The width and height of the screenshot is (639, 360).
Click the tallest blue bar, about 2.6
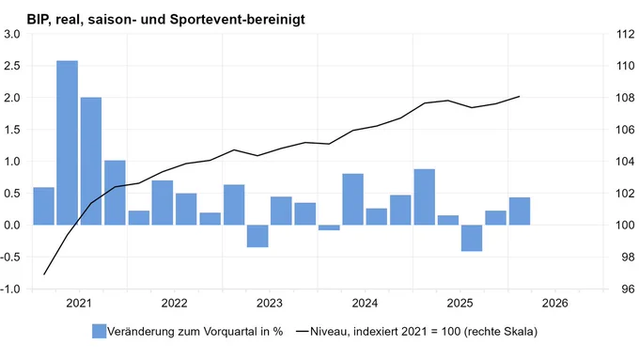[68, 143]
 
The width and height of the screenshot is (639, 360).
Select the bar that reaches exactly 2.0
[91, 161]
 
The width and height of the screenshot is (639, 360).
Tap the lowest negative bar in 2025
[472, 238]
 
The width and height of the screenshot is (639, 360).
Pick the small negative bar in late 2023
[329, 227]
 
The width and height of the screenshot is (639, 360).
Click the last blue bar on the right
[520, 211]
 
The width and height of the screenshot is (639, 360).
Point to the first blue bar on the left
[43, 206]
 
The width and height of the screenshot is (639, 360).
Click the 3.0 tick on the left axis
[12, 34]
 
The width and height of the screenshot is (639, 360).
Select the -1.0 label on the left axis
[10, 290]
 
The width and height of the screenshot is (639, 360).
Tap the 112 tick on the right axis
[626, 34]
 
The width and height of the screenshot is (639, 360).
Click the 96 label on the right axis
[629, 290]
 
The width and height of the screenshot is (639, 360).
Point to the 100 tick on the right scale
[626, 225]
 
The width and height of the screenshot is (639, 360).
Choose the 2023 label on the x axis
[270, 303]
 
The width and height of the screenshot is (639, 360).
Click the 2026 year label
[554, 303]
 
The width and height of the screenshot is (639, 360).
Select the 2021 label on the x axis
[79, 303]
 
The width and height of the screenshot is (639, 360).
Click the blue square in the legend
[99, 331]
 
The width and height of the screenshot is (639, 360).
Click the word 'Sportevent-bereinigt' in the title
[237, 19]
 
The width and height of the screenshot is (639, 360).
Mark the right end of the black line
[520, 97]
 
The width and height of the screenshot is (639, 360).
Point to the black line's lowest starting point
[43, 274]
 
